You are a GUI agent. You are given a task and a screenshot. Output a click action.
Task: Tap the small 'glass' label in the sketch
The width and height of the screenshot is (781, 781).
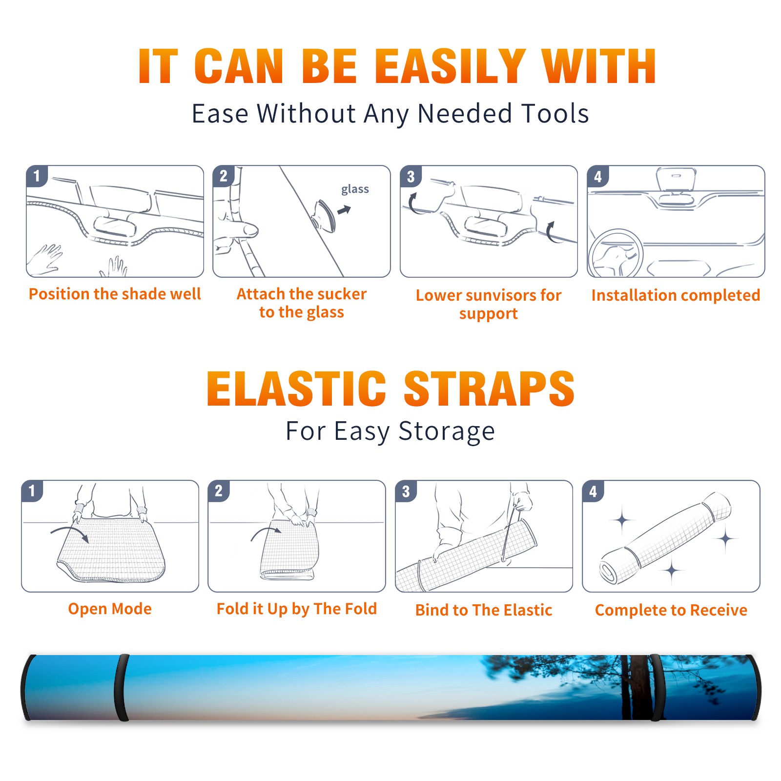click(355, 189)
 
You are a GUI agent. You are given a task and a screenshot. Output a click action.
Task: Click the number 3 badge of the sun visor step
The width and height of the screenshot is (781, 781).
click(411, 176)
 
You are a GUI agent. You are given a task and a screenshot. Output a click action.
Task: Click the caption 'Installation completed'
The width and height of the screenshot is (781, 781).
click(676, 295)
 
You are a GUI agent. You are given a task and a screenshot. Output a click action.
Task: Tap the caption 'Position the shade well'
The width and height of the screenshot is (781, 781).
click(115, 294)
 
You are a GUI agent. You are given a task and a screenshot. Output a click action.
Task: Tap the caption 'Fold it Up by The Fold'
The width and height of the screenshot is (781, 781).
click(297, 609)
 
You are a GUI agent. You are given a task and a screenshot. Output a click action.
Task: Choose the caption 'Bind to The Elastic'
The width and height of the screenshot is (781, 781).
click(484, 610)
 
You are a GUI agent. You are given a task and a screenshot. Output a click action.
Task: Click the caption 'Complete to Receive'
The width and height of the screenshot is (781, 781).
click(671, 610)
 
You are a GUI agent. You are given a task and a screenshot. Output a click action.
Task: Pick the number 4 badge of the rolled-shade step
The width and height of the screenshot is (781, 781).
click(593, 491)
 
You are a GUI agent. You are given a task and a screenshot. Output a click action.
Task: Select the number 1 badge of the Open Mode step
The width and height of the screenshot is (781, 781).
click(32, 491)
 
